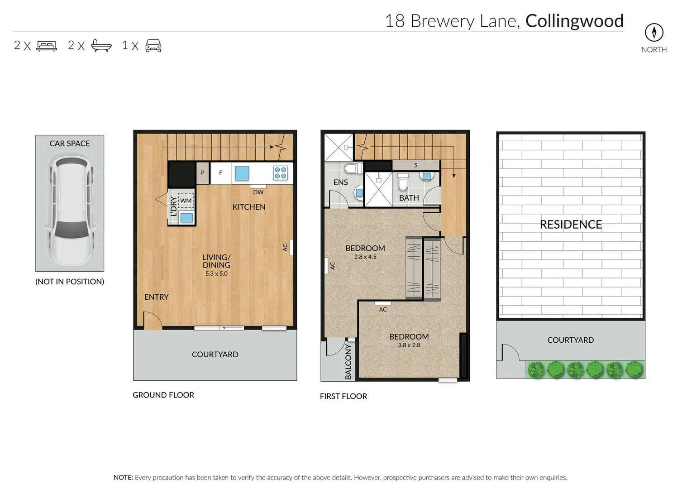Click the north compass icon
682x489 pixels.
tap(653, 32)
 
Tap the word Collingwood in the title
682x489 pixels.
tap(574, 21)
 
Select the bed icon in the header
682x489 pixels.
tap(47, 46)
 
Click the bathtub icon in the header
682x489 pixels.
tap(101, 46)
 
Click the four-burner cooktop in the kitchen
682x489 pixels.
tap(280, 173)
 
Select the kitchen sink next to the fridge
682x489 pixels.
tap(242, 173)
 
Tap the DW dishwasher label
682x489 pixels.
tap(258, 192)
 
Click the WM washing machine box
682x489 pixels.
tap(186, 201)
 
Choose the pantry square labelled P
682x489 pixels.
tap(203, 173)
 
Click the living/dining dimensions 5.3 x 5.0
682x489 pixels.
tap(216, 274)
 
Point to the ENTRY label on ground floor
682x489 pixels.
tap(156, 297)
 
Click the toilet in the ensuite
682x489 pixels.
tap(353, 169)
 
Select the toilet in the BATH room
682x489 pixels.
tap(403, 182)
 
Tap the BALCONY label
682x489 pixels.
tap(348, 361)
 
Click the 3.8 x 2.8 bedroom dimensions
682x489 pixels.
tap(409, 345)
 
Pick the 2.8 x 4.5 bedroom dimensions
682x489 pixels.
tap(365, 257)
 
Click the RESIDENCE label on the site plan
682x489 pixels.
tap(570, 225)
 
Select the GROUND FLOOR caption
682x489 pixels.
tap(163, 395)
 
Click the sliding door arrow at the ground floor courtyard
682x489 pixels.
tap(232, 328)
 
